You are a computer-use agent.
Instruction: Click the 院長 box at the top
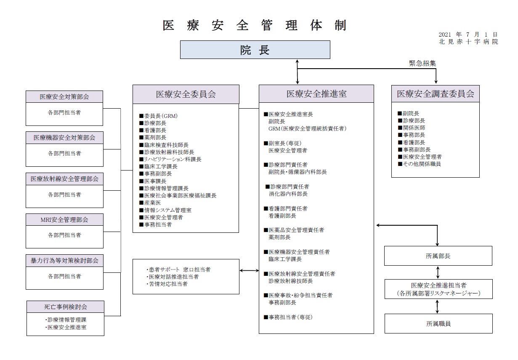click(255, 50)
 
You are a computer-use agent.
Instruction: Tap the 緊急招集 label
click(422, 63)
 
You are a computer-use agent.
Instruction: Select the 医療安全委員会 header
click(186, 94)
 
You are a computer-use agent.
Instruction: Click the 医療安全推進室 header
click(316, 94)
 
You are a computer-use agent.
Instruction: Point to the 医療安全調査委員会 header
click(436, 94)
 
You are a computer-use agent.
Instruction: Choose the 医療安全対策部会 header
click(64, 97)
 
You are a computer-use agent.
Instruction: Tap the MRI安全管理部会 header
click(64, 219)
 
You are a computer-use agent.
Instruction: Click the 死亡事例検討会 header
click(66, 307)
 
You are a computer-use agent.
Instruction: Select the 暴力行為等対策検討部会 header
click(64, 261)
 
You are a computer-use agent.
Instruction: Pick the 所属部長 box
click(438, 256)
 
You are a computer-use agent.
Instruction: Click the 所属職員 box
click(439, 324)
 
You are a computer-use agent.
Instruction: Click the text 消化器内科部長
click(288, 194)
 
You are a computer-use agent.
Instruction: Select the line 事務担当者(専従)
click(288, 317)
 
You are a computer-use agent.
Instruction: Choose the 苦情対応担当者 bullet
click(167, 284)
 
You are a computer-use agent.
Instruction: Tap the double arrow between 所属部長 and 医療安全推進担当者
click(438, 272)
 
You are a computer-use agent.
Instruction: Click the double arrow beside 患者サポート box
click(249, 270)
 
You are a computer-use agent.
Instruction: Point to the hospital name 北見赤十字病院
click(468, 42)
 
